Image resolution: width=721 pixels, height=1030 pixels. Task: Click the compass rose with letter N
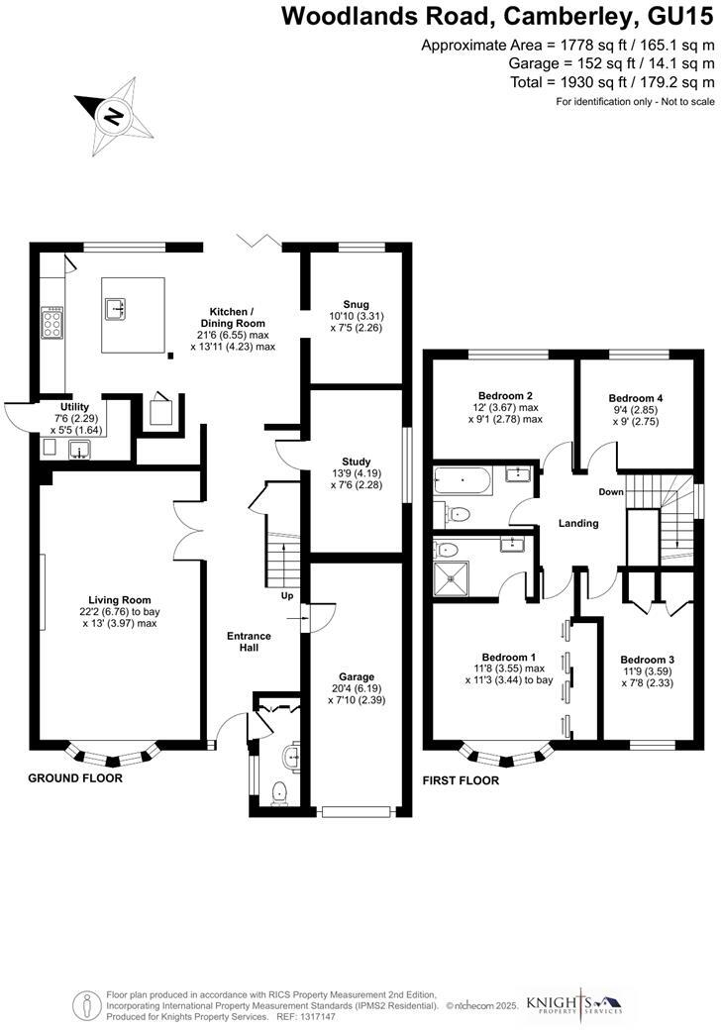point(114,117)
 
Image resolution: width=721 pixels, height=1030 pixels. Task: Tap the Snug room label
point(356,305)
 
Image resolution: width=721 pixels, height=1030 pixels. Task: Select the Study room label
point(356,459)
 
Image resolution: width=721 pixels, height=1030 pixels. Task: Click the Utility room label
point(75,407)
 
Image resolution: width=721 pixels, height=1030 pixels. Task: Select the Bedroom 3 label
point(647,660)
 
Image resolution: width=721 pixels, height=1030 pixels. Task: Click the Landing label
point(577,523)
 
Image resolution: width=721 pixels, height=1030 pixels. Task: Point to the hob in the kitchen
point(51,322)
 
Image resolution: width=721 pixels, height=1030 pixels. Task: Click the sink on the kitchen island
point(115,309)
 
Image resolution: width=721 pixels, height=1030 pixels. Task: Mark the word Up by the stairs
point(287,597)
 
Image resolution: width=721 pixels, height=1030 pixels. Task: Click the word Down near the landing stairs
point(610,492)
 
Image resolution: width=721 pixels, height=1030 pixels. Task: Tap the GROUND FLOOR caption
point(75,778)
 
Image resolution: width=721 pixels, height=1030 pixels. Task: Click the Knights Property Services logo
point(574,1002)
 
